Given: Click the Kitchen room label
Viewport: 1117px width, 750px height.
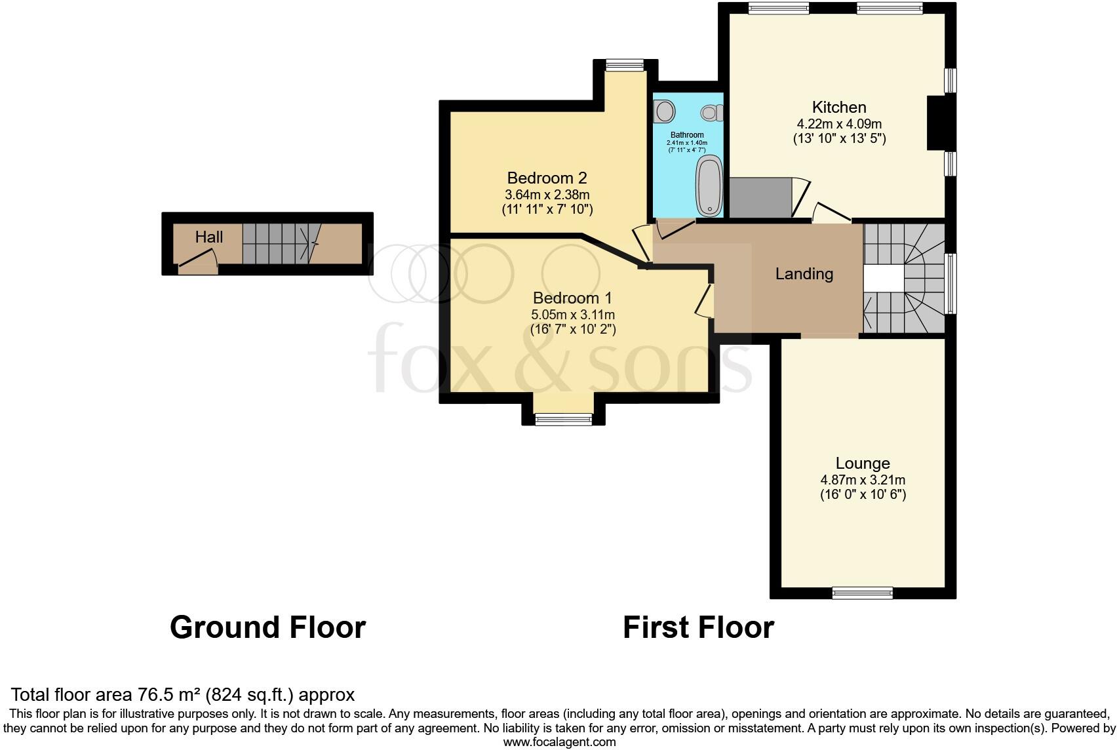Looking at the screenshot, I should tap(839, 107).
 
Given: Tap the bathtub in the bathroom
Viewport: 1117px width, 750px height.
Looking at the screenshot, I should tap(709, 186).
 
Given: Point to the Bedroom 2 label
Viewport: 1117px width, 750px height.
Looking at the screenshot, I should tap(547, 178).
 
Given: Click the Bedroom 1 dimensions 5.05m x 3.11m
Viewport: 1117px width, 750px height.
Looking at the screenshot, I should tap(573, 315).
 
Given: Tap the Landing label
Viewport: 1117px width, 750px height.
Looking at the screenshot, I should tap(804, 274).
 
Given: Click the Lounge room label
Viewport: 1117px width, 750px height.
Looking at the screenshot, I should tap(863, 464).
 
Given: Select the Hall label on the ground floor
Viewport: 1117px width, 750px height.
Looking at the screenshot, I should tap(209, 237).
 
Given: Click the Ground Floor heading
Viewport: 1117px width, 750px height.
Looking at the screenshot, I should tap(267, 627).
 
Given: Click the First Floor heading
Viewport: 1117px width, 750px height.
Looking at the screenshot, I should tap(698, 627).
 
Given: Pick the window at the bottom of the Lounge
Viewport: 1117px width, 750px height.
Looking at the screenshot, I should tap(863, 593).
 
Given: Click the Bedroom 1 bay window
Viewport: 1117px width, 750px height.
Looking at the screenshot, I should tap(564, 420).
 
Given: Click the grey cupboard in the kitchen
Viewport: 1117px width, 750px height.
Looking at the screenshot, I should tap(760, 197).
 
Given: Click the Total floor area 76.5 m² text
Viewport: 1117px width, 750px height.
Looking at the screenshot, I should tap(183, 694).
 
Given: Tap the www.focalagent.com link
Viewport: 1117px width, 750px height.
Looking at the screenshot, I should tap(559, 742).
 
